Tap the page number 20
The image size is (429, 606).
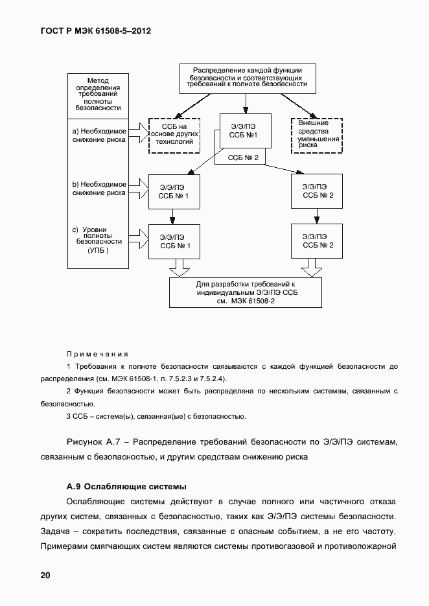[45, 575]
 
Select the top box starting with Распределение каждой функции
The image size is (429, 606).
[246, 76]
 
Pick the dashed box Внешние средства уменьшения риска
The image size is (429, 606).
[318, 135]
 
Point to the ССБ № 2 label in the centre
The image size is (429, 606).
[244, 157]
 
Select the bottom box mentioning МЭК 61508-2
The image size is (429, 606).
[246, 293]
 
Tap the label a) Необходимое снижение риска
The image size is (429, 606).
[99, 135]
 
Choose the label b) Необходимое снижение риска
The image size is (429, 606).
[99, 188]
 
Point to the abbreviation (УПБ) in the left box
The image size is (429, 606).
[98, 250]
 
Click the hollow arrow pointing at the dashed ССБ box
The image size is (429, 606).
[139, 133]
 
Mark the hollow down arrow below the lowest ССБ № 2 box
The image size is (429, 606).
[312, 267]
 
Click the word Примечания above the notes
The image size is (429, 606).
[97, 354]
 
